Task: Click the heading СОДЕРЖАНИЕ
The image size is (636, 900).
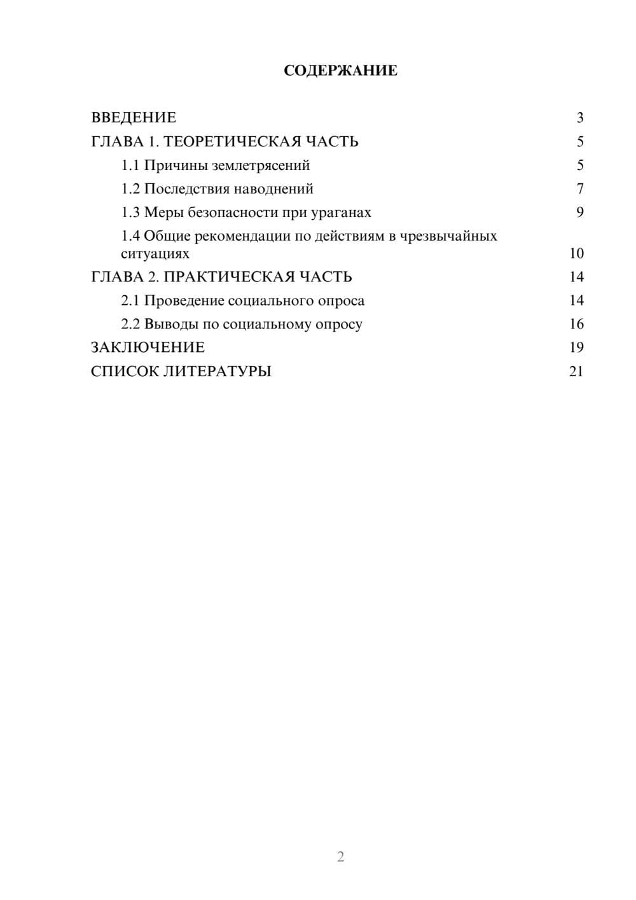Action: click(x=340, y=71)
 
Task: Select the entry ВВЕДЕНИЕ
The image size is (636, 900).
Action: click(x=134, y=118)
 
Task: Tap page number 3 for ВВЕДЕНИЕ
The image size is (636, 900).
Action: click(x=579, y=118)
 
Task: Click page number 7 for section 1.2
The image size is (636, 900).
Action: click(x=579, y=189)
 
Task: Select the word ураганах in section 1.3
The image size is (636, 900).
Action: click(x=340, y=213)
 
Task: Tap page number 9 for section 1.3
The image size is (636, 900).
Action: click(x=579, y=213)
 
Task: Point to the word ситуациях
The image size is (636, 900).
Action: click(x=155, y=253)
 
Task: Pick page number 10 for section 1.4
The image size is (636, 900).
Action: click(x=576, y=253)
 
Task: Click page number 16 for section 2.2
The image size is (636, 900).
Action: click(x=576, y=324)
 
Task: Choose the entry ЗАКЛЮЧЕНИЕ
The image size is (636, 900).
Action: click(x=148, y=348)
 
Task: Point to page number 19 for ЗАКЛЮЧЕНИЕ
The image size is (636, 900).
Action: click(x=576, y=348)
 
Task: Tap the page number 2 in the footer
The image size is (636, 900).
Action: click(x=340, y=857)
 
